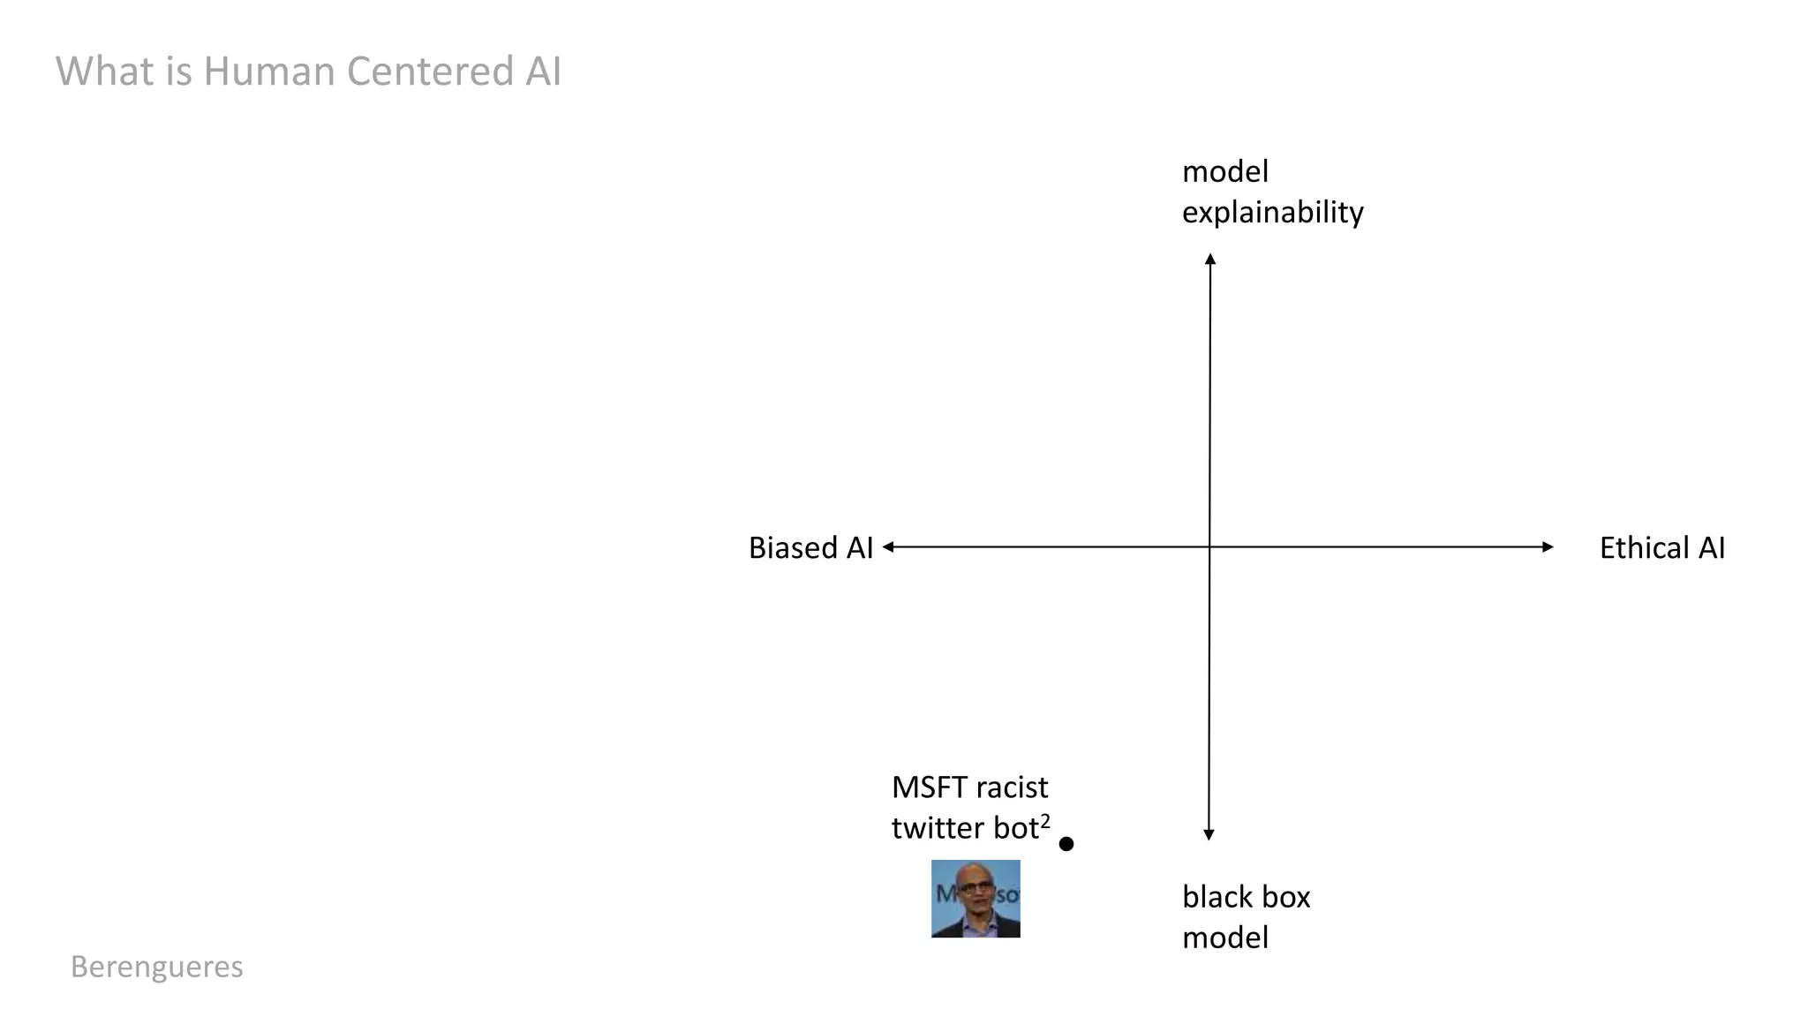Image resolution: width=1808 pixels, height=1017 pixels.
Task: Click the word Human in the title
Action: [x=268, y=71]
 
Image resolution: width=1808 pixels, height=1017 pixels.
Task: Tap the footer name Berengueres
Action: [x=156, y=967]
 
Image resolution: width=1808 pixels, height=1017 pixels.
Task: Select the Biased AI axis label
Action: [x=810, y=547]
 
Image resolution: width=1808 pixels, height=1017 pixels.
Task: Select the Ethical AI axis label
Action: [x=1661, y=547]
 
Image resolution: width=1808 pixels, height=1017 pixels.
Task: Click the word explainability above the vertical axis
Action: [x=1272, y=212]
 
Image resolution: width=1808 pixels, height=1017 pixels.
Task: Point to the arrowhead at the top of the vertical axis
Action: [x=1210, y=259]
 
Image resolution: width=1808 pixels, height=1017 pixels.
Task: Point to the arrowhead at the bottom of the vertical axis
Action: [x=1209, y=834]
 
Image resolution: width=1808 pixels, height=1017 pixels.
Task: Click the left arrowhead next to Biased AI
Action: [x=888, y=547]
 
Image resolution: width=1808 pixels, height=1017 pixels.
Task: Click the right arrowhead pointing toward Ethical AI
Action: [x=1548, y=547]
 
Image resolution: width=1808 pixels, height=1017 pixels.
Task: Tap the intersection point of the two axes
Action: [x=1209, y=547]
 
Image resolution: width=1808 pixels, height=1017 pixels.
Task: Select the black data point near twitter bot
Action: [x=1066, y=844]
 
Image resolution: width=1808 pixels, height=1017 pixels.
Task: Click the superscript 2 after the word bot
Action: [x=1045, y=820]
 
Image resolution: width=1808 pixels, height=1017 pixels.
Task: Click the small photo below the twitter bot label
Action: [x=976, y=899]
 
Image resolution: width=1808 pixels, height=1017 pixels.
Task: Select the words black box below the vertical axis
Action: [x=1246, y=897]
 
